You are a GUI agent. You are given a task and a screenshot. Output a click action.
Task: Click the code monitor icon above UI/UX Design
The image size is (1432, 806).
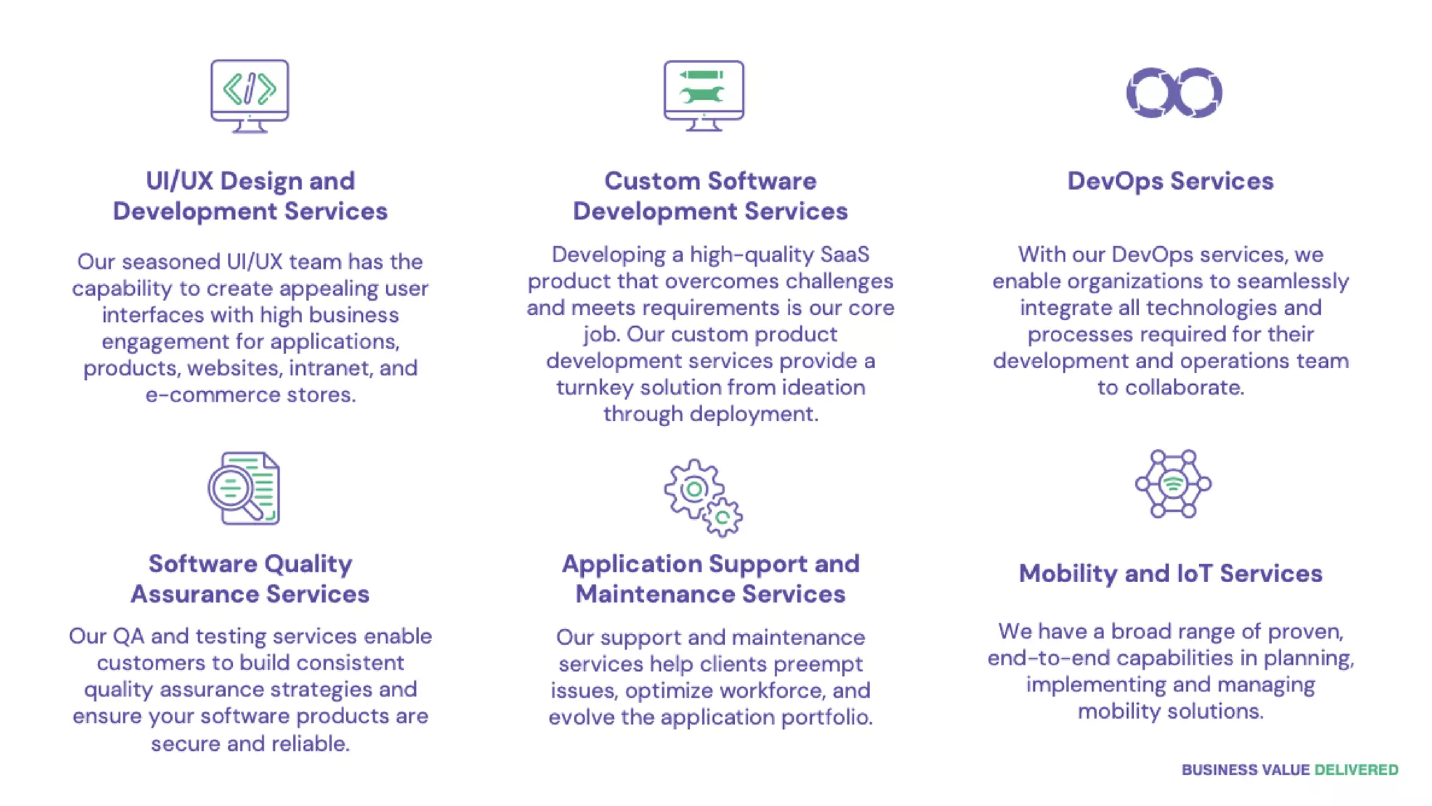point(250,96)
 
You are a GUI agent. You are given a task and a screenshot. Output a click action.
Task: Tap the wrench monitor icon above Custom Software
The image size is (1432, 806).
point(703,96)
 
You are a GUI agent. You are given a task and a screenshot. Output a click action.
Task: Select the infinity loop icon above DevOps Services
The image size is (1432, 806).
point(1174,93)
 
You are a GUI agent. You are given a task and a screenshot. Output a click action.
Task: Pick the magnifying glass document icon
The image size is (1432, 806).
point(244,488)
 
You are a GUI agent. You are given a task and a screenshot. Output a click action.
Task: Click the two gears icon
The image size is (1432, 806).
point(703,497)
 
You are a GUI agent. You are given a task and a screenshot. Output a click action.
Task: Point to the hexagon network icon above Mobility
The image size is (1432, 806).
point(1173,483)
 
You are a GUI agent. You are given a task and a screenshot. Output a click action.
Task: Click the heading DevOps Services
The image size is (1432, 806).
point(1170,181)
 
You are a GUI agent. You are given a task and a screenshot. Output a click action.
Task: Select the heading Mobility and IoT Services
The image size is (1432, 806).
point(1170,574)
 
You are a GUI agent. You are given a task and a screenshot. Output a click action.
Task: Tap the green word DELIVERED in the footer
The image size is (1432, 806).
point(1356,770)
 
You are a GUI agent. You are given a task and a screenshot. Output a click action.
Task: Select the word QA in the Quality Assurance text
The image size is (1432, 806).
point(129,636)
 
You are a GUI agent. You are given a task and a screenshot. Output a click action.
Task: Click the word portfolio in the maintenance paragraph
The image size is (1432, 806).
point(832,717)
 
